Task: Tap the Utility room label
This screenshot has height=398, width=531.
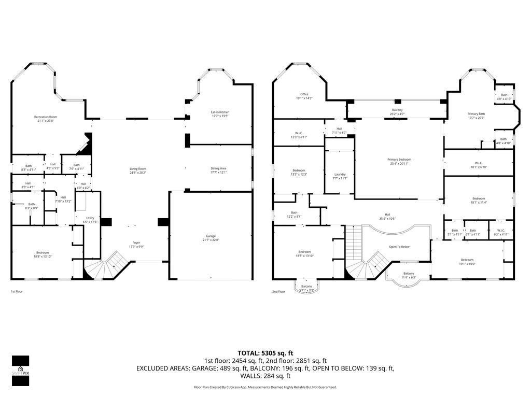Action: [90, 220]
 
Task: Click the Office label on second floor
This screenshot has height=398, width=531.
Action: [304, 96]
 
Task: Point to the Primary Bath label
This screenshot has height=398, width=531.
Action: [476, 116]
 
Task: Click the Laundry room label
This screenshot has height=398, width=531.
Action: [340, 176]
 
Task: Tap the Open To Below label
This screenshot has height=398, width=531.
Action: [399, 247]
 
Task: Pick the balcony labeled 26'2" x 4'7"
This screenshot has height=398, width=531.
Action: [397, 111]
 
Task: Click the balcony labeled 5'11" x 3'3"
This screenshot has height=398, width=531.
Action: [306, 288]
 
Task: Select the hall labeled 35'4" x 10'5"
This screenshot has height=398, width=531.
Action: [387, 217]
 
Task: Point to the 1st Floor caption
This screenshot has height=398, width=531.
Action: [17, 292]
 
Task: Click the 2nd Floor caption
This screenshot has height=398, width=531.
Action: [279, 292]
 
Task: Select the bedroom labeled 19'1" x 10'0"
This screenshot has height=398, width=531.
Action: [467, 262]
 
